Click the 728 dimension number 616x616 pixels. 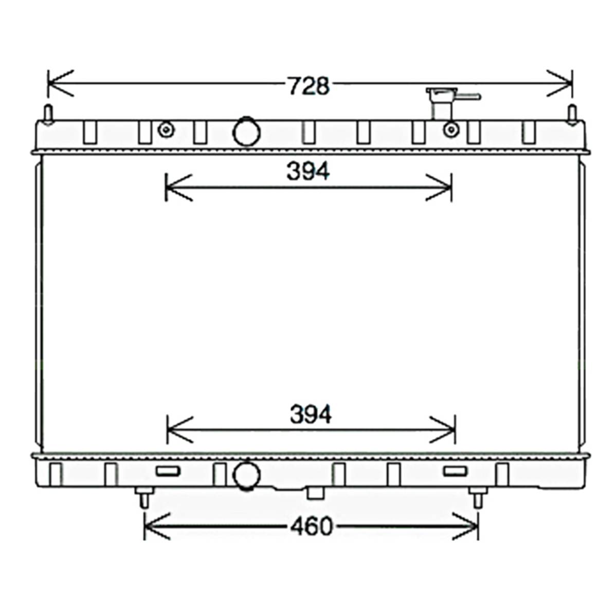tap(309, 86)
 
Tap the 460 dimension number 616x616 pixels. tap(312, 527)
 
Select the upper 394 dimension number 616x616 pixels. tap(308, 171)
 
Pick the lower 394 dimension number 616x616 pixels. tap(311, 414)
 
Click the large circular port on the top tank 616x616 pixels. tap(246, 132)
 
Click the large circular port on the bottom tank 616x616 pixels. tap(246, 476)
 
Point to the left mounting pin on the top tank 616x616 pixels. tap(48, 115)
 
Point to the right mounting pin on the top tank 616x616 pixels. tap(572, 115)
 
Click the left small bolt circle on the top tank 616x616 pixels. tap(166, 129)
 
